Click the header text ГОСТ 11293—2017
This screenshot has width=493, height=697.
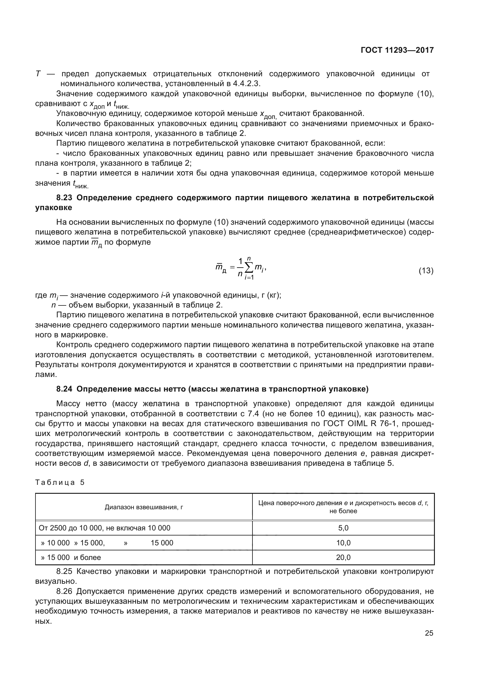point(397,50)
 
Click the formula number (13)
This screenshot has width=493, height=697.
point(426,271)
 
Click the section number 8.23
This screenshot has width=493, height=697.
point(64,198)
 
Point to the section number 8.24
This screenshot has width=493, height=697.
point(64,389)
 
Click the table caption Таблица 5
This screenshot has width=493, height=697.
point(60,483)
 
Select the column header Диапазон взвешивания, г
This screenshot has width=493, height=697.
point(144,507)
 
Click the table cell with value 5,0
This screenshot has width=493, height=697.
point(343,528)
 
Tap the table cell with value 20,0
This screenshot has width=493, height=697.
point(343,557)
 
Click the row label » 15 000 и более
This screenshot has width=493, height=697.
point(71,557)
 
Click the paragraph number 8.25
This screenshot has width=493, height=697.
point(64,572)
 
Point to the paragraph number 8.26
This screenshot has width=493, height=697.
point(64,591)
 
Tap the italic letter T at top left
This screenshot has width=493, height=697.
point(38,74)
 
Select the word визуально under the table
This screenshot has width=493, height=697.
point(55,582)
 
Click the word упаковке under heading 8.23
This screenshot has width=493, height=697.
point(54,208)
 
